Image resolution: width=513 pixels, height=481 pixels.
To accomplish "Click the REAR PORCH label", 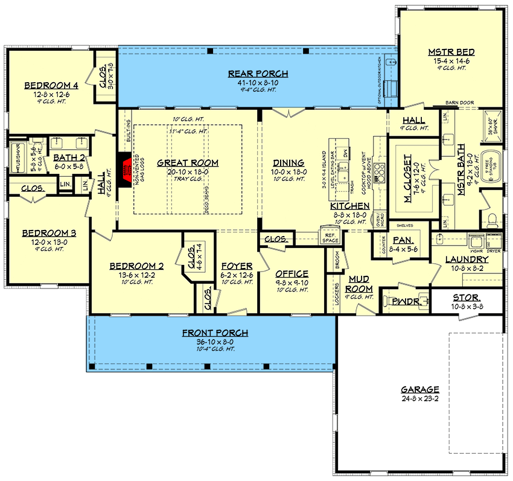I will [x=258, y=74].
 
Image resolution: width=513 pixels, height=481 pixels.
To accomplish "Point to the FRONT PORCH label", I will [x=215, y=333].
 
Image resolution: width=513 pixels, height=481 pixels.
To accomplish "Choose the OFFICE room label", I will [x=292, y=273].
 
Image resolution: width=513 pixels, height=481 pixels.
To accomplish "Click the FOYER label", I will [x=233, y=266].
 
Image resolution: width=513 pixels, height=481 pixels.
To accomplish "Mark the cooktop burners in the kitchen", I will [x=380, y=172].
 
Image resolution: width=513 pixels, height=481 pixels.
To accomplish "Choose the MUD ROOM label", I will [x=360, y=284].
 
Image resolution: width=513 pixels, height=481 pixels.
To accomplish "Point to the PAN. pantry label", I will [x=401, y=240].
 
